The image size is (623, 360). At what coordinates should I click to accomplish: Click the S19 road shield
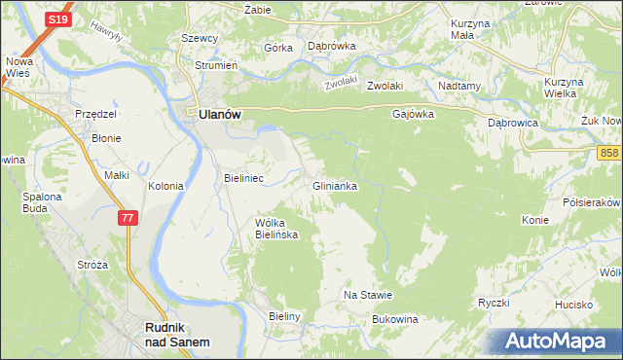pos(32,18)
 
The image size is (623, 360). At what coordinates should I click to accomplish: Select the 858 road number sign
pos(609,153)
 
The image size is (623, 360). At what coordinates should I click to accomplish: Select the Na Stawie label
pos(368,295)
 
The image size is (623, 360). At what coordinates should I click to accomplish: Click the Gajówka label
pos(413,113)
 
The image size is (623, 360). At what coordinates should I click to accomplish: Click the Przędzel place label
pos(96,114)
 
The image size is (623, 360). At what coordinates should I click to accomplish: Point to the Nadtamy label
pos(460,86)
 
